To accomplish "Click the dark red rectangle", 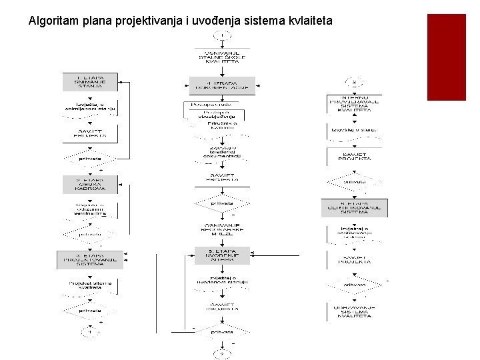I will [446, 57].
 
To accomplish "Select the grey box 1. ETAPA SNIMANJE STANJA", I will [90, 82].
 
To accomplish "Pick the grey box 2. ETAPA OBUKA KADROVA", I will [90, 184].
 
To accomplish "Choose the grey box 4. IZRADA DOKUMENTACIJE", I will [222, 85].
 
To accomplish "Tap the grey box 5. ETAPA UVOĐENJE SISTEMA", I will [222, 255].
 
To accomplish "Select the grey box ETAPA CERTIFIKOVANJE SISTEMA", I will [354, 208].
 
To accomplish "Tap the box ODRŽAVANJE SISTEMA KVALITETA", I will [354, 311].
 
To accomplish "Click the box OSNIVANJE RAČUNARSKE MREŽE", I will [222, 229].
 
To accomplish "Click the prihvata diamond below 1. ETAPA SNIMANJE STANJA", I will [90, 159].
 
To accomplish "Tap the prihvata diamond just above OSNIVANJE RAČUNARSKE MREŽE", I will [222, 203].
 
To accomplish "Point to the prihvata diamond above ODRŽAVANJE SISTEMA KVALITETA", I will [354, 285].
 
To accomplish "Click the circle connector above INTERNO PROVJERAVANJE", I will [355, 83].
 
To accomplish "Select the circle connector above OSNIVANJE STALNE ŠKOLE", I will [222, 36].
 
